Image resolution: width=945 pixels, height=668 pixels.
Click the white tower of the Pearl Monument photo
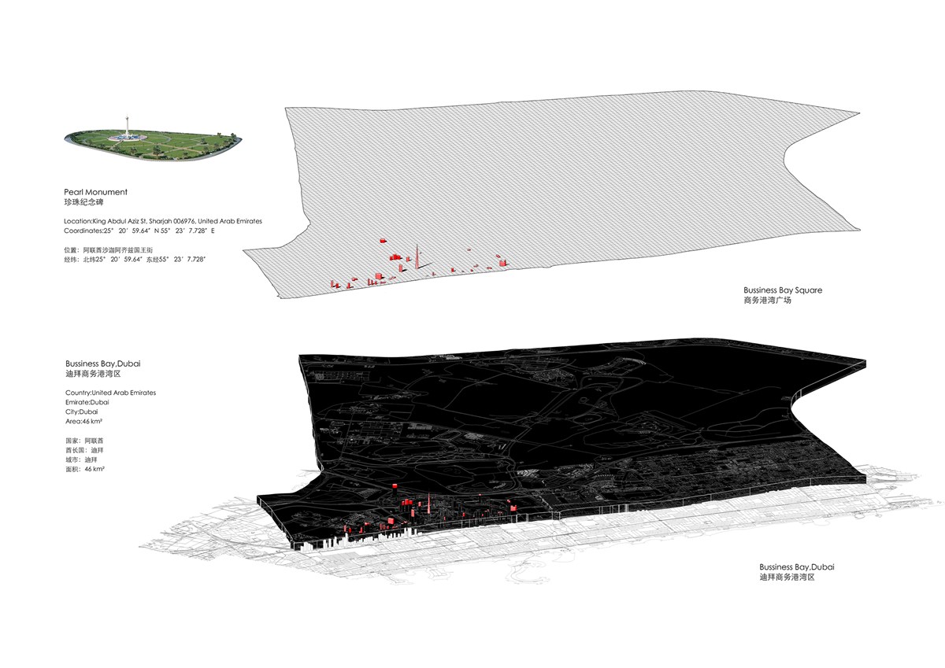coord(127,126)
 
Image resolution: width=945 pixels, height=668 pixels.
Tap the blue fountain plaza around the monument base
coord(127,138)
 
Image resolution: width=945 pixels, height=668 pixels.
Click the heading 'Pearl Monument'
coord(96,192)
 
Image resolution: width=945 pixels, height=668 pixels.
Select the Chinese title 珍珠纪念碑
coord(83,202)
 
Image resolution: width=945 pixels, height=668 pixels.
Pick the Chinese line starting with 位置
coord(109,250)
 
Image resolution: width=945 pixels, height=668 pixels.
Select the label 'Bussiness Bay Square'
coord(783,290)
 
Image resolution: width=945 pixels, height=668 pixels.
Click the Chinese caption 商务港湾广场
coord(767,301)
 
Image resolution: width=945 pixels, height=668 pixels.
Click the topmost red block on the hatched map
coord(383,241)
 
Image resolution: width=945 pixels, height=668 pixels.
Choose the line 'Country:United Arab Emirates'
coord(110,393)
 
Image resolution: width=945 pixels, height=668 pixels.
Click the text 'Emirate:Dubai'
coord(87,403)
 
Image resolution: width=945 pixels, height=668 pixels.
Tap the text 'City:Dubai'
coord(81,412)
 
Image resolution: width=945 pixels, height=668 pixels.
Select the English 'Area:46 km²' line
coord(83,422)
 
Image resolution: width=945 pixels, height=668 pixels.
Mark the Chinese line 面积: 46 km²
coord(85,469)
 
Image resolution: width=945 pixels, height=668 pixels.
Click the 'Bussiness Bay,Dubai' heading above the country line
coord(103,364)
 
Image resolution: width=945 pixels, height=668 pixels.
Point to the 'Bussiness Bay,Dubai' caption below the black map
coord(797,567)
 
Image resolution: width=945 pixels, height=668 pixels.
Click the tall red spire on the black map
coord(429,504)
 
